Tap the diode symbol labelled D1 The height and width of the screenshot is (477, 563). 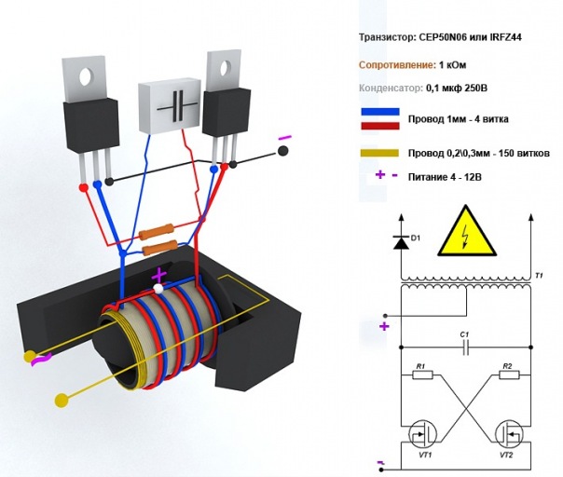pos(402,242)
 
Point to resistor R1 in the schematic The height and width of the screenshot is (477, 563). pos(423,375)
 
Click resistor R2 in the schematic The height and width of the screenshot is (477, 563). pos(509,375)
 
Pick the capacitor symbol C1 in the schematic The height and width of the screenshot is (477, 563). pos(466,348)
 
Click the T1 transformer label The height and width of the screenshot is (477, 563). pos(539,276)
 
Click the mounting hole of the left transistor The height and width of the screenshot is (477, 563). pos(86,76)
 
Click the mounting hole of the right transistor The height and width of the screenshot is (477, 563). pos(226,69)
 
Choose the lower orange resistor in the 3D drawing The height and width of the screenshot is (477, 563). pos(159,248)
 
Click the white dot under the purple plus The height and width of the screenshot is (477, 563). pos(157,288)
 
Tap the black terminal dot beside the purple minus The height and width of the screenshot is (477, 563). pos(283,151)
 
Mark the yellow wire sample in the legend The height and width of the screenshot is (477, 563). pos(379,153)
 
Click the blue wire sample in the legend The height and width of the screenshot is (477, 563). pos(380,112)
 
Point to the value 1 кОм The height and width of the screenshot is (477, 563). pos(452,65)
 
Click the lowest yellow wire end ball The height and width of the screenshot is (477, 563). pos(62,400)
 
